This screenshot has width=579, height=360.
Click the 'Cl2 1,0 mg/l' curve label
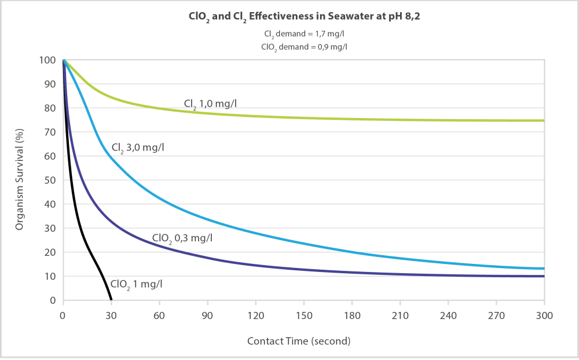click(211, 104)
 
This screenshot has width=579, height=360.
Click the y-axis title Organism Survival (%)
click(20, 179)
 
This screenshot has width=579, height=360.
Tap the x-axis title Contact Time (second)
click(299, 341)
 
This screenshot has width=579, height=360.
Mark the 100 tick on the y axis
click(47, 60)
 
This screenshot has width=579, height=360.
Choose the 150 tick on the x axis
click(303, 316)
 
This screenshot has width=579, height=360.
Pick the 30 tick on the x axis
click(111, 316)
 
